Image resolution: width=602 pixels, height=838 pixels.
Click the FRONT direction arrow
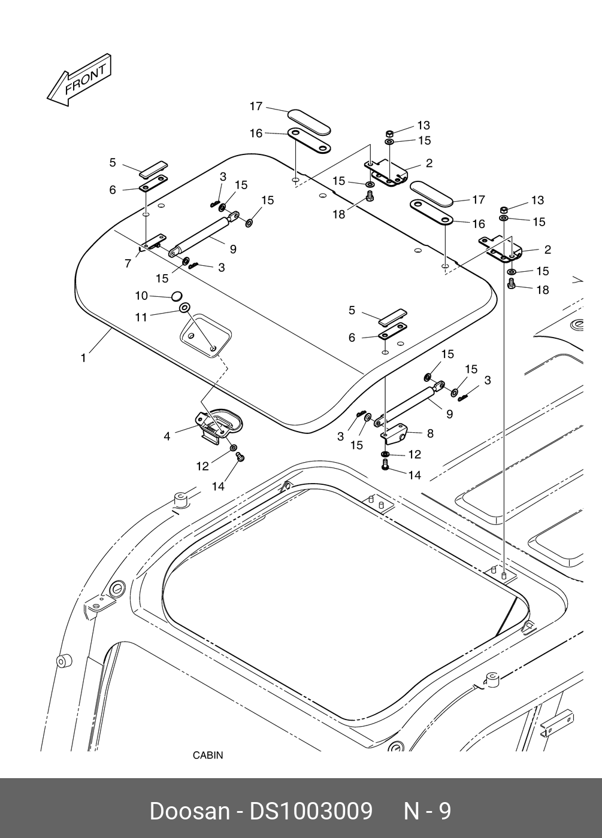click(x=79, y=79)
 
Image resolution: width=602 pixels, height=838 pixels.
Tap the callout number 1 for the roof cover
click(x=83, y=359)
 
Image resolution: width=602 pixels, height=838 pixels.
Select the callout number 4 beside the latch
click(x=167, y=436)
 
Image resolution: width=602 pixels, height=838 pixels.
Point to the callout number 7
click(x=128, y=264)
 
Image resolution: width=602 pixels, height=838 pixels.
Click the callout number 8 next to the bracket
click(x=430, y=433)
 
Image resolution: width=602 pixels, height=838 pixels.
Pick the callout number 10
click(x=141, y=296)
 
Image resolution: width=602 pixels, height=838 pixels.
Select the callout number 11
click(x=141, y=318)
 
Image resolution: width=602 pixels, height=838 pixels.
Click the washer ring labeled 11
click(x=185, y=308)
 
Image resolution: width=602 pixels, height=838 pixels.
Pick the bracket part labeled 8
click(x=395, y=435)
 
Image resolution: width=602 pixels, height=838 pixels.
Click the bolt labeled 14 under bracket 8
click(x=385, y=464)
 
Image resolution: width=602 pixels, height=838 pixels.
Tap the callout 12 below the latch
click(x=202, y=466)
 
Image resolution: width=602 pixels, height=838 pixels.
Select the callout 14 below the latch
click(x=218, y=486)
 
